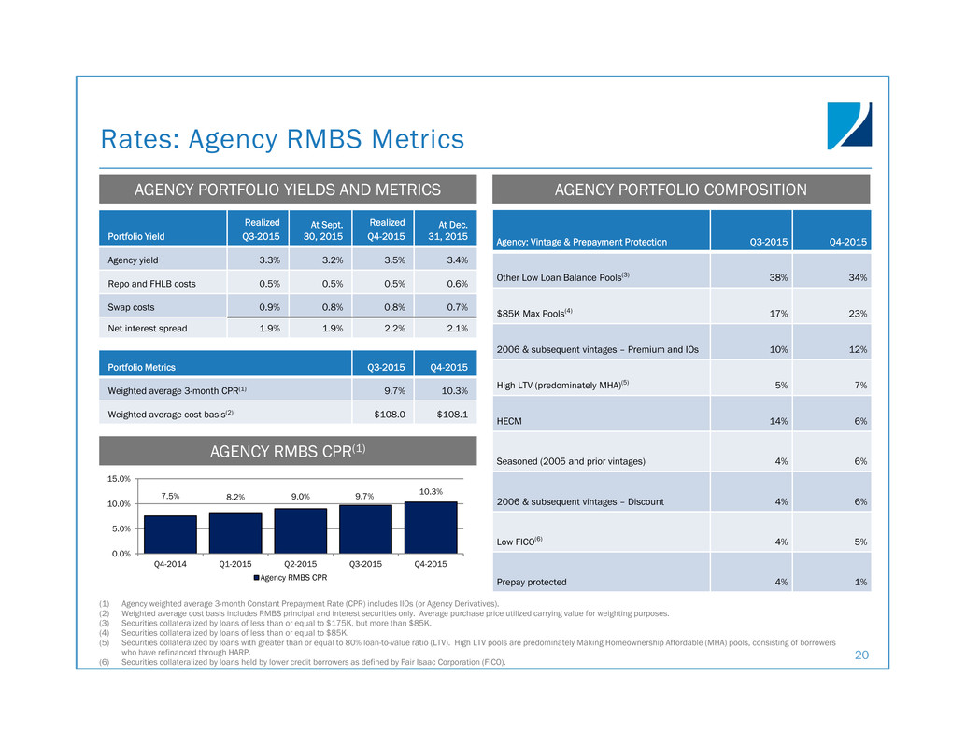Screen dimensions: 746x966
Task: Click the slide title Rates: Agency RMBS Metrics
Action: (x=282, y=139)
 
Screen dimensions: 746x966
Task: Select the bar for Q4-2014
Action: (x=170, y=534)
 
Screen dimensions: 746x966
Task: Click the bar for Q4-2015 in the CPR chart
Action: (x=431, y=528)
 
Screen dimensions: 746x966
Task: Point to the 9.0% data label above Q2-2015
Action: (x=300, y=497)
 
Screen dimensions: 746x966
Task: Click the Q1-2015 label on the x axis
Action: (x=235, y=564)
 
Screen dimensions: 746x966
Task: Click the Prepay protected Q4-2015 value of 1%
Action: (x=859, y=582)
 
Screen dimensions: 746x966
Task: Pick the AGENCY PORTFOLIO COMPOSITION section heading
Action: (x=681, y=190)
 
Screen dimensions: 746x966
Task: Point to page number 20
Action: (x=862, y=656)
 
